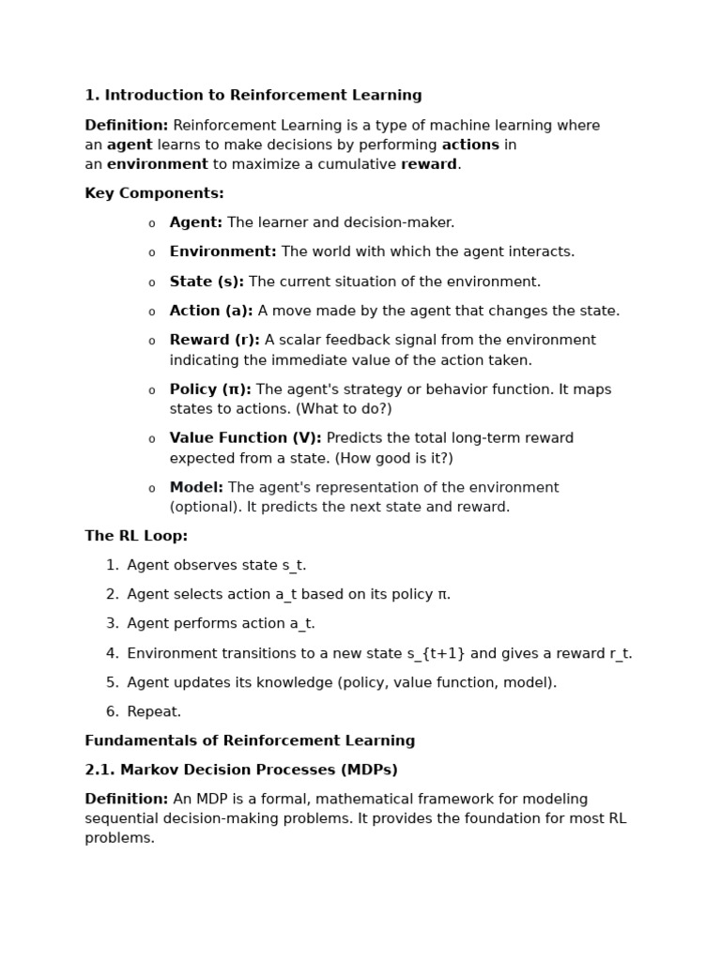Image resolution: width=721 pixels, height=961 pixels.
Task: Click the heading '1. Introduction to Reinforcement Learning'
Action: click(253, 96)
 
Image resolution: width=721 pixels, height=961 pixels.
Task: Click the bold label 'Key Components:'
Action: click(154, 193)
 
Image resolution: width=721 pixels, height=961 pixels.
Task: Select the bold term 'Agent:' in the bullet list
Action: click(196, 222)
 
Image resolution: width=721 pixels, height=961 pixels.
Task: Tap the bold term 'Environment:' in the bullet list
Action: click(222, 252)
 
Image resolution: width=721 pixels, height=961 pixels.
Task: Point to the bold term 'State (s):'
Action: click(207, 282)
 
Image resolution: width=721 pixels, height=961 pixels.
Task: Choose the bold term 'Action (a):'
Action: click(211, 311)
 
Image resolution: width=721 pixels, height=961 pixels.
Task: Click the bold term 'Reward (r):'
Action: click(214, 340)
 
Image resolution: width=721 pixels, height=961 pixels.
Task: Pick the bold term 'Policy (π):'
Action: click(210, 389)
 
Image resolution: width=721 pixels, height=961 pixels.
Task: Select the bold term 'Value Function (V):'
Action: click(245, 438)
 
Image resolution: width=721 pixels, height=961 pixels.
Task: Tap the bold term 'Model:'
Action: click(196, 488)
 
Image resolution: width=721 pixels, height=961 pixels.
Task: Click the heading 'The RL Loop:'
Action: click(136, 536)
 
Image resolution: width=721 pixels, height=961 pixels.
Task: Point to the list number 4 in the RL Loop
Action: click(112, 653)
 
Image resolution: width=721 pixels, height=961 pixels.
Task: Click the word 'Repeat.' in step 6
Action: click(154, 711)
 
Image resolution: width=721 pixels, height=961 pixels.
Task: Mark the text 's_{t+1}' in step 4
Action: click(436, 653)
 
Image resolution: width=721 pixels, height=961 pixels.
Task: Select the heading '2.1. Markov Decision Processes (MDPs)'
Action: click(241, 770)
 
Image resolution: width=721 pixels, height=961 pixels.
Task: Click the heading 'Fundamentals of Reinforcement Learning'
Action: click(250, 740)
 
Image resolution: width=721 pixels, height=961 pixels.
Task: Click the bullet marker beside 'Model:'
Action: click(152, 489)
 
